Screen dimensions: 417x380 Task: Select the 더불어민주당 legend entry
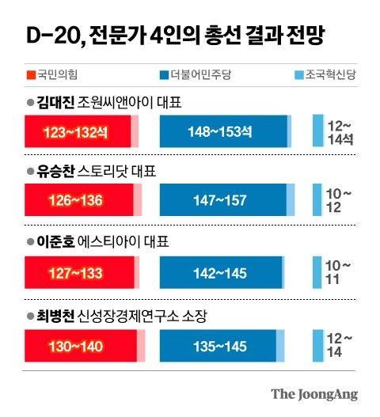(x=191, y=76)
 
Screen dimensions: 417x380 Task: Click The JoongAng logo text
(x=314, y=393)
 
